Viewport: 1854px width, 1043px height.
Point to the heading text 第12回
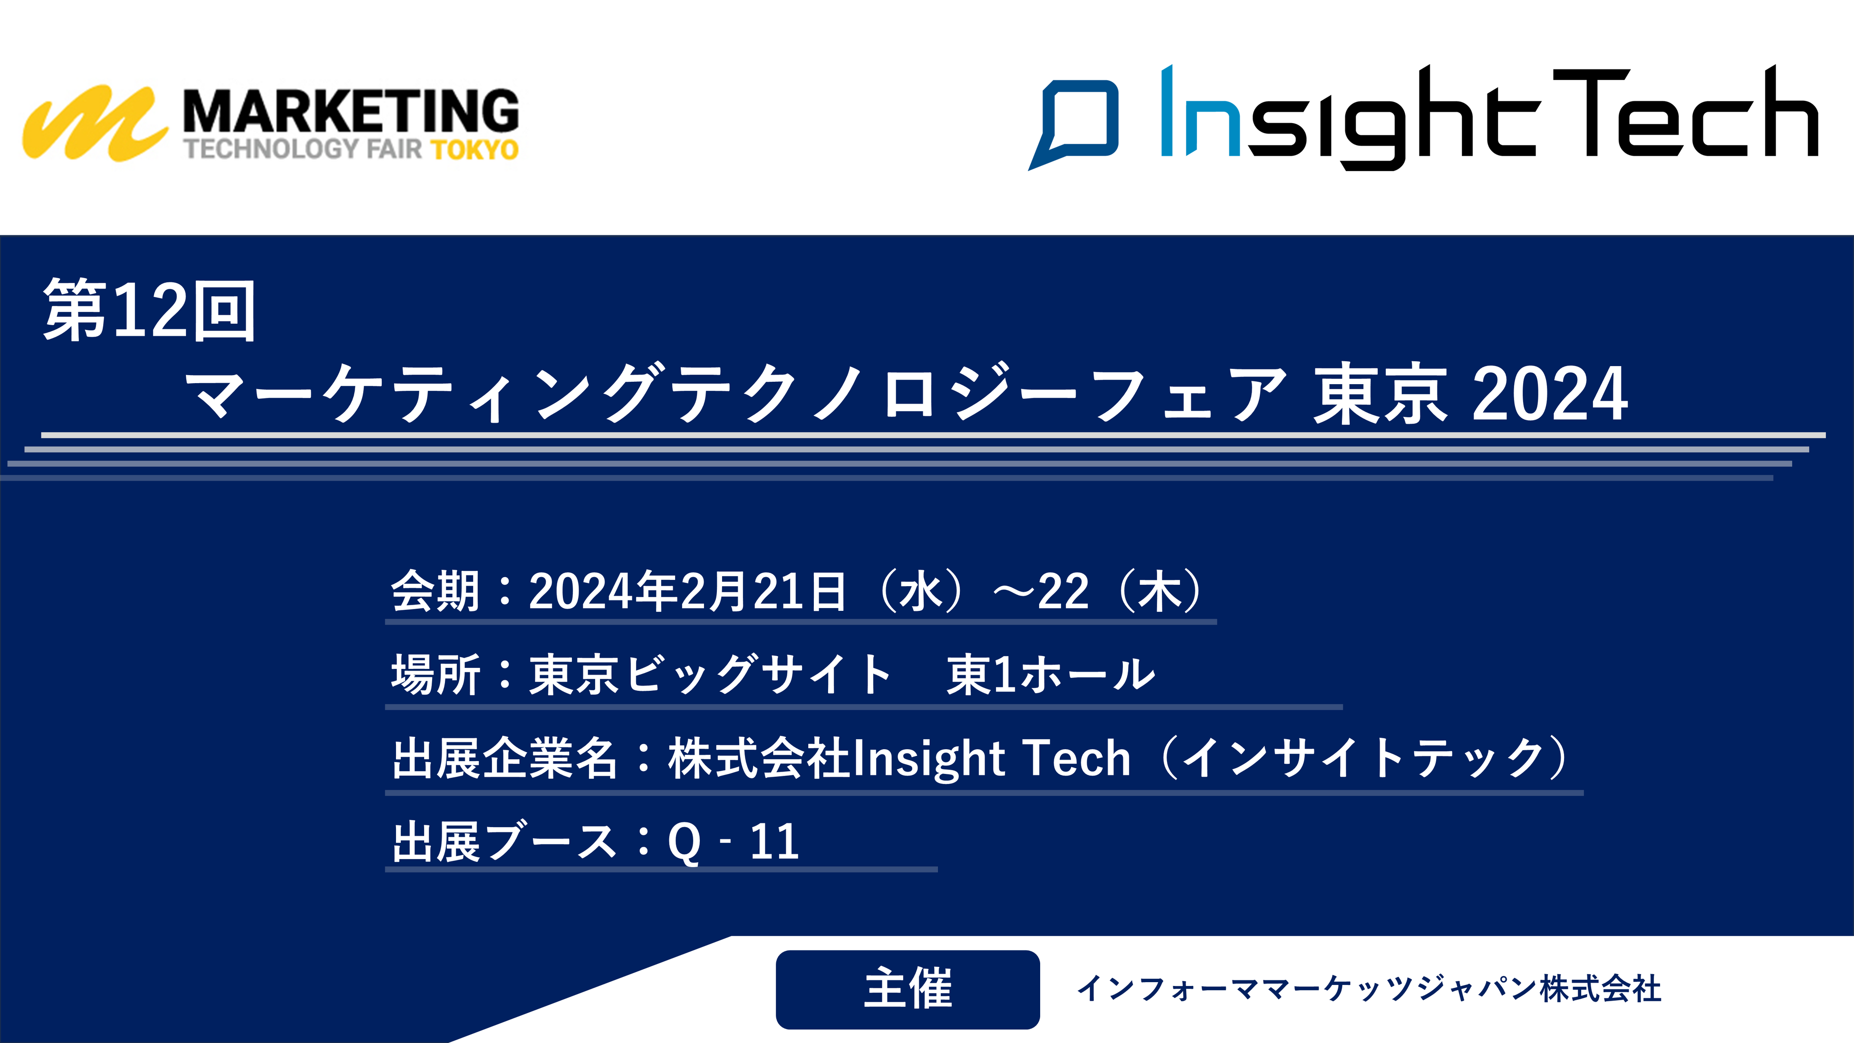coord(150,310)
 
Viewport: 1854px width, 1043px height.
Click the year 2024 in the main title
coord(1550,393)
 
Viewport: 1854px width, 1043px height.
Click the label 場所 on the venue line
coord(435,675)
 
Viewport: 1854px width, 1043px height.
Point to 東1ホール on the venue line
coord(1051,675)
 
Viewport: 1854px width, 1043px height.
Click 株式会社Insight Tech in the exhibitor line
coord(899,759)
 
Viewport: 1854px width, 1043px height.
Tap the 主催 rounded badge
coord(908,989)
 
